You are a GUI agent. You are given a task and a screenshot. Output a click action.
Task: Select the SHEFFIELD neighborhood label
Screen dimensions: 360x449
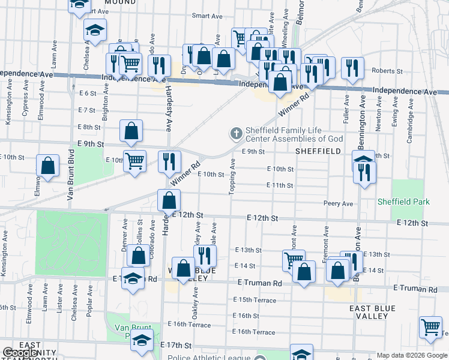[318, 152]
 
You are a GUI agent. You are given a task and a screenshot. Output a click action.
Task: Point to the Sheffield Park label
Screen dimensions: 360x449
[403, 202]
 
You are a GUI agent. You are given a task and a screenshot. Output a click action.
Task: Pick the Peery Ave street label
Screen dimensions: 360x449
[339, 204]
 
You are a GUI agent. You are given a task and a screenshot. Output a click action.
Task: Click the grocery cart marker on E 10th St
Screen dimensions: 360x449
[134, 160]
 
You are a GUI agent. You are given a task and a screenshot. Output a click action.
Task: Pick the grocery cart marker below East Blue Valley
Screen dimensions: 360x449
[430, 326]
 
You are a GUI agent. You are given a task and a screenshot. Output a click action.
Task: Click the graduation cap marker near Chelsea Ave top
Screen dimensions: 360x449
[94, 30]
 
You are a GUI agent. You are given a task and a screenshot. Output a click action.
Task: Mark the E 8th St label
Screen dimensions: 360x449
[89, 127]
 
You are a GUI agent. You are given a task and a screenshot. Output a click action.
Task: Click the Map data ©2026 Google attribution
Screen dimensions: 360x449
[412, 355]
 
